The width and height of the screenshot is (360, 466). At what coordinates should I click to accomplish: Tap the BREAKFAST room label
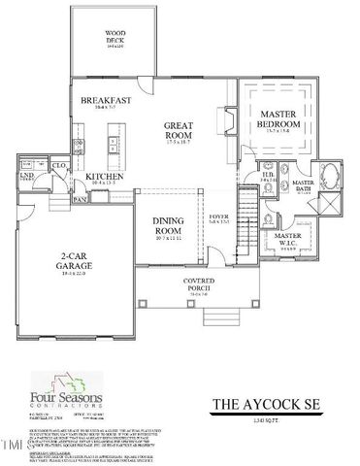tap(106, 101)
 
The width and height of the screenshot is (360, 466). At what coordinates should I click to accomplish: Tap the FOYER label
tap(220, 219)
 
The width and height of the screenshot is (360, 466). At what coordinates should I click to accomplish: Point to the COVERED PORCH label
tap(197, 283)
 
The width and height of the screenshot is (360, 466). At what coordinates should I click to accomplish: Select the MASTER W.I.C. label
tap(287, 237)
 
